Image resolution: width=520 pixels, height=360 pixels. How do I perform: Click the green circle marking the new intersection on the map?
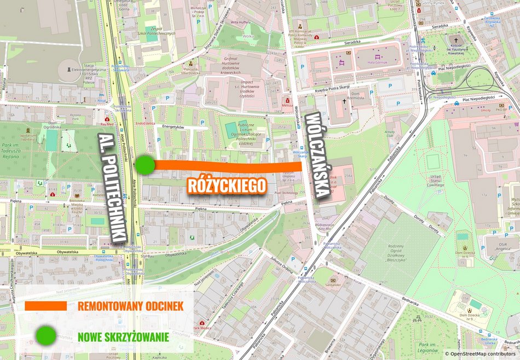[145, 164]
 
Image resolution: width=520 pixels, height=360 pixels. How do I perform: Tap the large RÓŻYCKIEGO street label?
[227, 185]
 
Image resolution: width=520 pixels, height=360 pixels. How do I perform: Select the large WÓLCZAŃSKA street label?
[319, 154]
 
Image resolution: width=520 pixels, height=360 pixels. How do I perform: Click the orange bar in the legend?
[45, 305]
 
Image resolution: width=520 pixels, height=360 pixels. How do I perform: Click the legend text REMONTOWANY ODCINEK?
[130, 306]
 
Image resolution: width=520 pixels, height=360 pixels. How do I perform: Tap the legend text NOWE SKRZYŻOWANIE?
[123, 336]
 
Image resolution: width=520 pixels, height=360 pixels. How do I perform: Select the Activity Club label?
[390, 133]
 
